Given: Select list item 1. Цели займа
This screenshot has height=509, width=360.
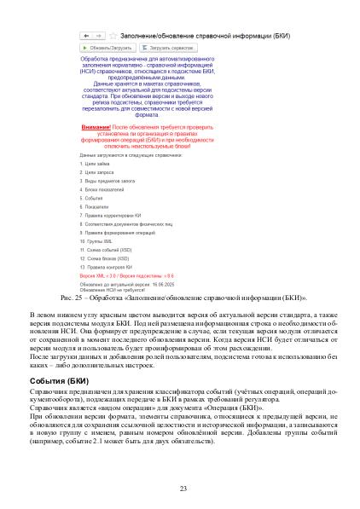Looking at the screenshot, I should (x=95, y=163).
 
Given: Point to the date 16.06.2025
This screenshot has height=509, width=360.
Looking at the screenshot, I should (x=171, y=284).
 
